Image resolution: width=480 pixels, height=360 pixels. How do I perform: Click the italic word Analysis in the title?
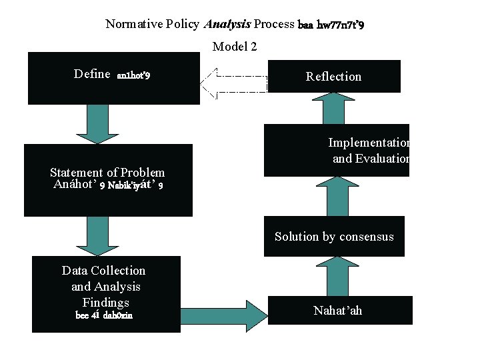[x=227, y=24]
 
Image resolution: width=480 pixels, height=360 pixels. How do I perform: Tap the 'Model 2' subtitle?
[x=235, y=46]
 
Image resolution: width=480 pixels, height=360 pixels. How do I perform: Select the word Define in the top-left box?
[x=92, y=74]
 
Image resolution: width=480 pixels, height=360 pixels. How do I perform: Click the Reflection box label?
[x=333, y=77]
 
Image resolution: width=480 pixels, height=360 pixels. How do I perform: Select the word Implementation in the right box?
[x=369, y=143]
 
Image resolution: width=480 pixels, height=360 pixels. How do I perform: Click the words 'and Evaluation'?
[x=371, y=159]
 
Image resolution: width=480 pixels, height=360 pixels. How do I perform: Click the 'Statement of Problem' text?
[x=107, y=173]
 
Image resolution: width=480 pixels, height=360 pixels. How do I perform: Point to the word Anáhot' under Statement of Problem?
[x=75, y=185]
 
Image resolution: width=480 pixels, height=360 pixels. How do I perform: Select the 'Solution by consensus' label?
[x=334, y=237]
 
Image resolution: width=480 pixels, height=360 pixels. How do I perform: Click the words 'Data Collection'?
[x=103, y=270]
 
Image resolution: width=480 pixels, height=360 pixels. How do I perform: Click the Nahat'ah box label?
[x=338, y=311]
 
